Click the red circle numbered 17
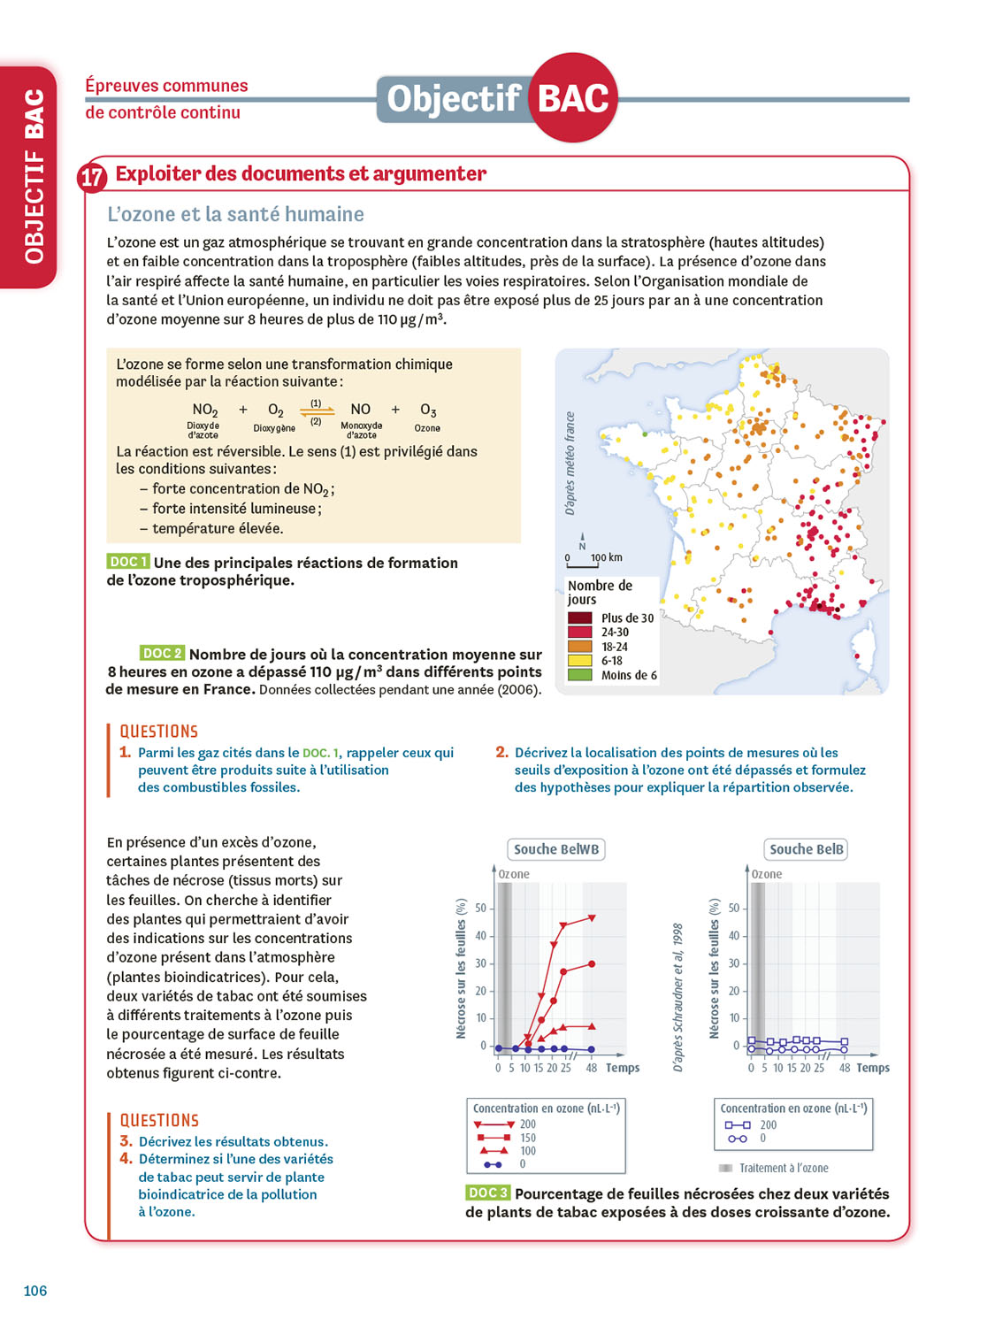pyautogui.click(x=92, y=177)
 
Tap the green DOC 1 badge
pyautogui.click(x=127, y=562)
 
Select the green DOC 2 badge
pyautogui.click(x=162, y=654)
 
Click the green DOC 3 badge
pyautogui.click(x=487, y=1193)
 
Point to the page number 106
pyautogui.click(x=35, y=1291)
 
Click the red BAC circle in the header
pyautogui.click(x=573, y=98)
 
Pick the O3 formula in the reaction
pyautogui.click(x=428, y=410)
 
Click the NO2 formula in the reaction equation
pyautogui.click(x=205, y=410)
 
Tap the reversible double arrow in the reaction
pyautogui.click(x=317, y=410)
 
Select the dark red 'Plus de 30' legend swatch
pyautogui.click(x=580, y=617)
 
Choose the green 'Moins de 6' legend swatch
pyautogui.click(x=580, y=675)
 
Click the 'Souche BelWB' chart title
pyautogui.click(x=556, y=849)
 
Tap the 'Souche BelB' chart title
pyautogui.click(x=806, y=849)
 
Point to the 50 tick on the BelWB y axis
pyautogui.click(x=481, y=909)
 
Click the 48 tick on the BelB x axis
pyautogui.click(x=845, y=1068)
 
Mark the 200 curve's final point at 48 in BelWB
pyautogui.click(x=592, y=918)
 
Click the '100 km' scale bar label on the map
pyautogui.click(x=607, y=557)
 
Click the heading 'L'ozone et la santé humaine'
pyautogui.click(x=235, y=214)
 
